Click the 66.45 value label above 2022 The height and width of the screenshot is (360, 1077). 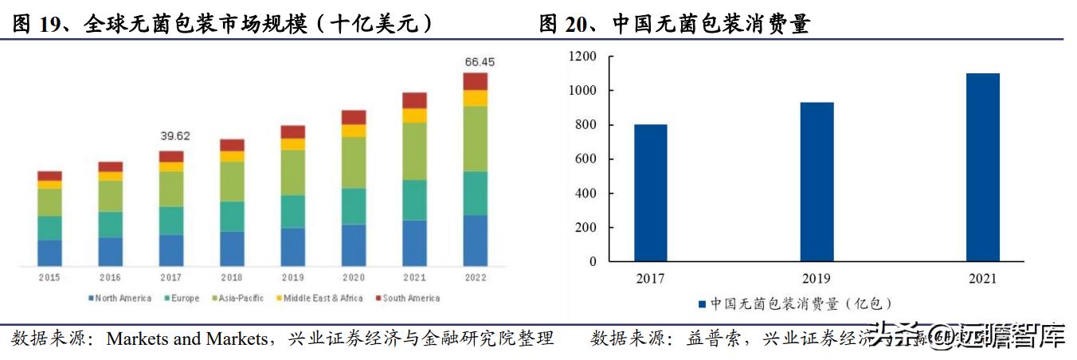click(475, 61)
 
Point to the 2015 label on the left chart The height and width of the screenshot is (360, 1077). click(49, 277)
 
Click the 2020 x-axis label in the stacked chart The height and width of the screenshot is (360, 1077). click(354, 277)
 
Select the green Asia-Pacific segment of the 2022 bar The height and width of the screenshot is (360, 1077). click(476, 139)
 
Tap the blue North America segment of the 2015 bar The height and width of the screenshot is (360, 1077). click(49, 252)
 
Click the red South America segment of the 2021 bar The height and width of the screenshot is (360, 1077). click(414, 100)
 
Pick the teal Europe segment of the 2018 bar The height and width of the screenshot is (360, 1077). click(232, 216)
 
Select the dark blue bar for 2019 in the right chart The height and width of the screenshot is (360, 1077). click(817, 182)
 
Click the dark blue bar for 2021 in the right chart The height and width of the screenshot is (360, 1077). click(983, 167)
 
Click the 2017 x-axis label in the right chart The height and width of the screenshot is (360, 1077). click(651, 279)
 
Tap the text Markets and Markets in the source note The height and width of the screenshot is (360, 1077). click(187, 339)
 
